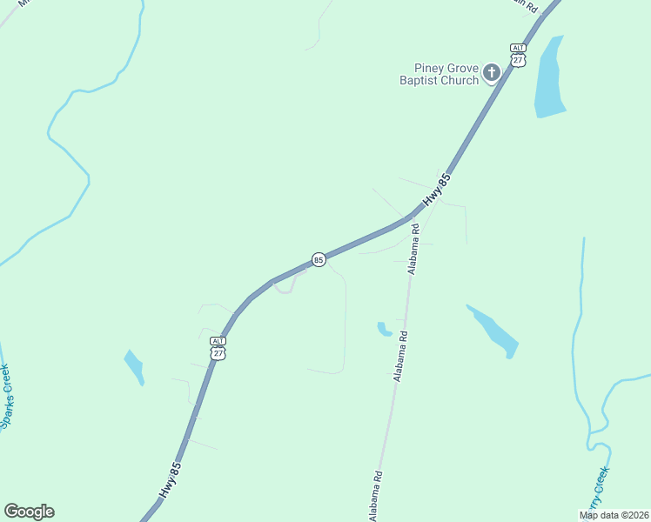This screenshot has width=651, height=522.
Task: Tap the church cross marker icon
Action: click(491, 72)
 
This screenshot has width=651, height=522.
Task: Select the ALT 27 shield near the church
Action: click(519, 54)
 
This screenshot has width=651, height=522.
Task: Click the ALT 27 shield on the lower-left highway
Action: click(218, 348)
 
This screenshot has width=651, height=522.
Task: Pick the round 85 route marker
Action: click(319, 259)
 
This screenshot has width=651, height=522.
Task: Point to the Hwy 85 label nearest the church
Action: click(437, 191)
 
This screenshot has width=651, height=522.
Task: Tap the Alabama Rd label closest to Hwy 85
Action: click(415, 249)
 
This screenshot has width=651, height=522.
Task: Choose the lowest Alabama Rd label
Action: click(376, 496)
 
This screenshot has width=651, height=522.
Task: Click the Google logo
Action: click(29, 512)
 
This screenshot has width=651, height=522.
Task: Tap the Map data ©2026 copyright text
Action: click(614, 515)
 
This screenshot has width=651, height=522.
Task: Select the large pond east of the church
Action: click(550, 78)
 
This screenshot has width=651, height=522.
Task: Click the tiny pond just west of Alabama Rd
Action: click(384, 329)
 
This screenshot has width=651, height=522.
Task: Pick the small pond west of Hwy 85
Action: click(134, 365)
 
